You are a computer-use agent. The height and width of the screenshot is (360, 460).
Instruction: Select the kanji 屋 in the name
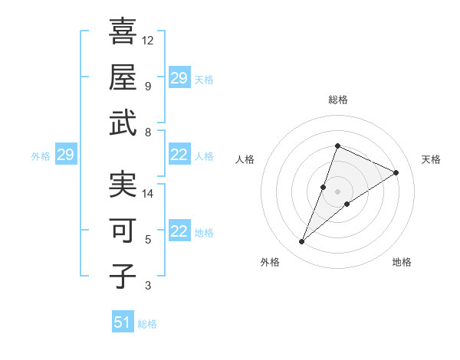[123, 77]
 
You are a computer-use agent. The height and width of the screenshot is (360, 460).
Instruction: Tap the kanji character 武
[123, 123]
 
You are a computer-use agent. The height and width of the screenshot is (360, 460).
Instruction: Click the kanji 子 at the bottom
[123, 276]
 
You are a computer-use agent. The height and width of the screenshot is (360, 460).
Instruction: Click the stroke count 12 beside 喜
[148, 40]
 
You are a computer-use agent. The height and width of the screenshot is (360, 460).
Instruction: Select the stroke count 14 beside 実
[148, 194]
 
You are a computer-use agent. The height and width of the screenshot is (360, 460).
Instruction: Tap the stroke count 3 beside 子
[148, 286]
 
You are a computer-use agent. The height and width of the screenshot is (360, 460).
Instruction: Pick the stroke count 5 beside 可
[148, 240]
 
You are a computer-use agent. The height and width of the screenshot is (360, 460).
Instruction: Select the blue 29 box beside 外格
[65, 155]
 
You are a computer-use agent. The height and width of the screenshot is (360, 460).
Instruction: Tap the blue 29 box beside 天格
[179, 78]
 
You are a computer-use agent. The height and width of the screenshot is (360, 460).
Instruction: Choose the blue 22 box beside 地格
[179, 232]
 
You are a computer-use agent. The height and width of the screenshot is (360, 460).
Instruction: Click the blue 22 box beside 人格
[179, 155]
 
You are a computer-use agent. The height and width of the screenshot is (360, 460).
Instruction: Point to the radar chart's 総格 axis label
[337, 100]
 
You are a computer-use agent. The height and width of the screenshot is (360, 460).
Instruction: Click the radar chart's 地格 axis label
[402, 263]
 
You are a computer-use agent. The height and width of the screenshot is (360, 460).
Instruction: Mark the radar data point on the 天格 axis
[396, 172]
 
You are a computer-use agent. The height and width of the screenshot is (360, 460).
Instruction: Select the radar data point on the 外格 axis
[301, 242]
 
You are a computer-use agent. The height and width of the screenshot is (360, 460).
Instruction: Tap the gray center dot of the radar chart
[337, 191]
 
